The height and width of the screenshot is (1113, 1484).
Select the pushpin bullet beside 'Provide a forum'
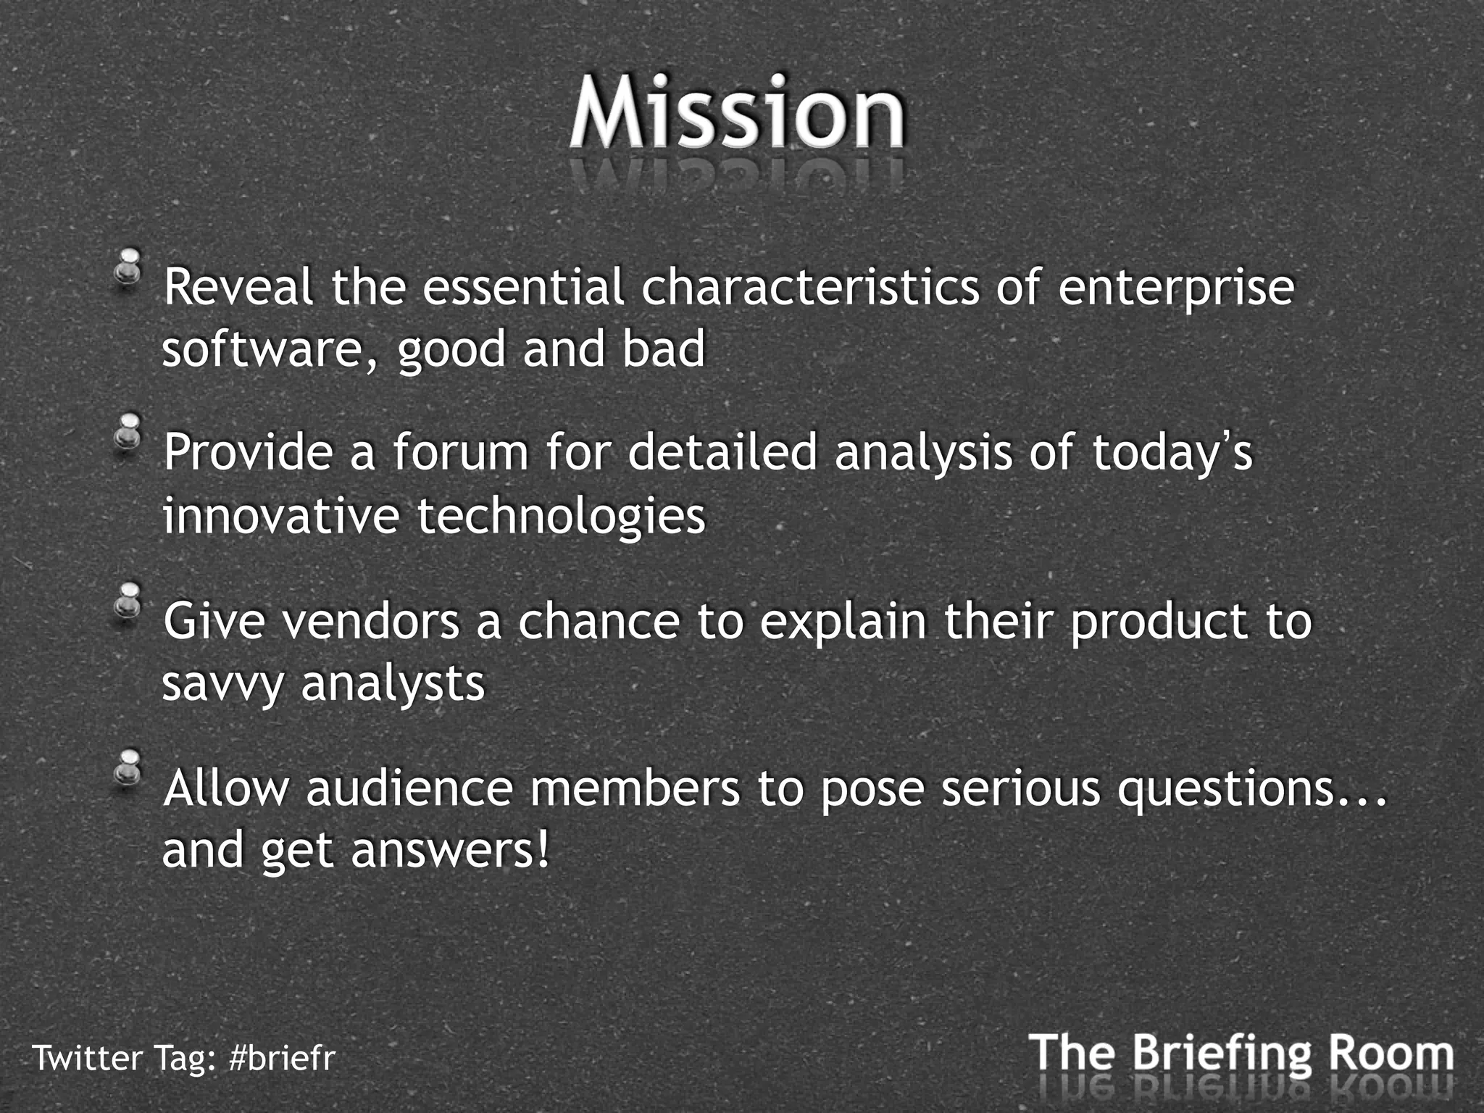coord(130,432)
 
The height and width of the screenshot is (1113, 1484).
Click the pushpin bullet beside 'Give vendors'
coord(130,601)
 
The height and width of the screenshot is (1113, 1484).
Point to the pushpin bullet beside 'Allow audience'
coord(130,767)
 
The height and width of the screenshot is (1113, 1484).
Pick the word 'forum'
coord(461,452)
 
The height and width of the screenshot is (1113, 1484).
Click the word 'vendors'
coord(371,622)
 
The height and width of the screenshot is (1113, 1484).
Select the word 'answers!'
coord(451,851)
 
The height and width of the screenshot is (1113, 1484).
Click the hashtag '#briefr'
coord(281,1058)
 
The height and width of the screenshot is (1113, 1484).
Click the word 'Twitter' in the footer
coord(88,1058)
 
